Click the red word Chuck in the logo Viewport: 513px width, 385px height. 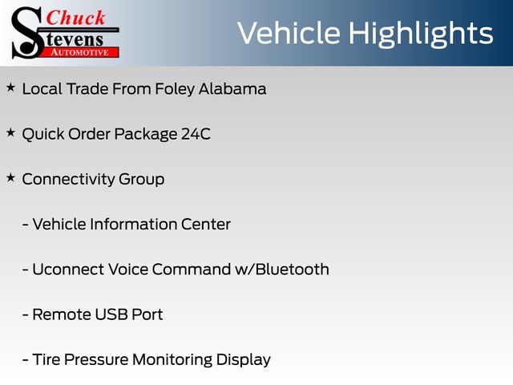[75, 18]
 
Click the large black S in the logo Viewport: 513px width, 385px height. [26, 33]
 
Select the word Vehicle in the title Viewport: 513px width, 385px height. [289, 33]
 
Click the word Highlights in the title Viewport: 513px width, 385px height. [421, 34]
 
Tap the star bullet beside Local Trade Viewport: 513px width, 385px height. [10, 87]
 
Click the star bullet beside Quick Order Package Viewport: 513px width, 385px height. [10, 132]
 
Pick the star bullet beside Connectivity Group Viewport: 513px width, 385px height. [10, 178]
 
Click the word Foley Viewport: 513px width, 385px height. [175, 89]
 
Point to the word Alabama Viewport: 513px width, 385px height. [232, 89]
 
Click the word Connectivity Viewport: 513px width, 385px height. [67, 180]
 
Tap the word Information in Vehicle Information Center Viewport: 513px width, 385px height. [133, 225]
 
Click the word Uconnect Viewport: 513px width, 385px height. [67, 269]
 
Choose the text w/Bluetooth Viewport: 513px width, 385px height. [282, 269]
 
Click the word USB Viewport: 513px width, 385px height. [111, 314]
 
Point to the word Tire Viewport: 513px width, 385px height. [46, 359]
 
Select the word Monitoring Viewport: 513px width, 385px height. [172, 360]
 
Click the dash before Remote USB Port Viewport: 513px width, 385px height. [25, 315]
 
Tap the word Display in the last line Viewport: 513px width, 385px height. [244, 360]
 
